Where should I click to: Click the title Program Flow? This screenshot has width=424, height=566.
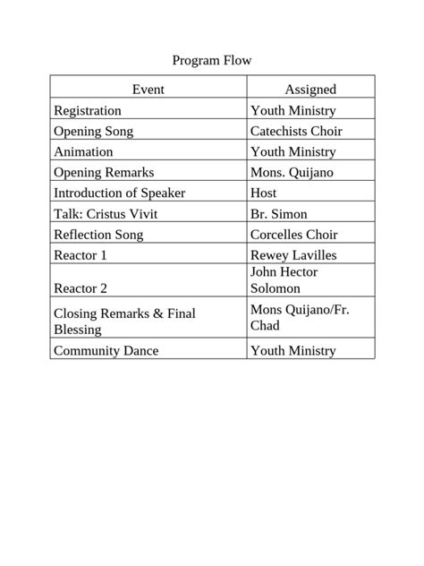click(212, 61)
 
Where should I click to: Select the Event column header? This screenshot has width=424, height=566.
click(148, 89)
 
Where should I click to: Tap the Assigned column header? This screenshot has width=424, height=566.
click(310, 89)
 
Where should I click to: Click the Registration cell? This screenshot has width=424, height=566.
click(88, 110)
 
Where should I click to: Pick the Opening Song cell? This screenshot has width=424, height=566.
click(94, 131)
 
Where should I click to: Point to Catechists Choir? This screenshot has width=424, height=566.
click(296, 131)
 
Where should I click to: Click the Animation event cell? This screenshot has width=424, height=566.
click(83, 151)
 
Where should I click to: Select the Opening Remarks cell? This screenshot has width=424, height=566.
click(104, 172)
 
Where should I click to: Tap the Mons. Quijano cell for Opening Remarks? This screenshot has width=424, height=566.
click(292, 172)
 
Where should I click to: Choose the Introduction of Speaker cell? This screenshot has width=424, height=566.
click(120, 193)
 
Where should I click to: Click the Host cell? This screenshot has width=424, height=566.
click(264, 193)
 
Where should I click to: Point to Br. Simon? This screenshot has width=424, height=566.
click(279, 214)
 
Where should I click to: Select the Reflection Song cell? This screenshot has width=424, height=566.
click(98, 235)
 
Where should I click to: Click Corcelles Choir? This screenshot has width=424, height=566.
click(294, 235)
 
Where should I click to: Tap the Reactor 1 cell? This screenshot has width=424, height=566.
click(81, 255)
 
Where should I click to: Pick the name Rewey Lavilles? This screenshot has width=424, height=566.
click(293, 255)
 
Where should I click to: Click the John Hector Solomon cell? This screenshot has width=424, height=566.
click(284, 279)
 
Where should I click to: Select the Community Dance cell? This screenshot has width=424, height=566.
click(106, 350)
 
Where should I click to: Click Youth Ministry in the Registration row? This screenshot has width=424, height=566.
click(293, 110)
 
